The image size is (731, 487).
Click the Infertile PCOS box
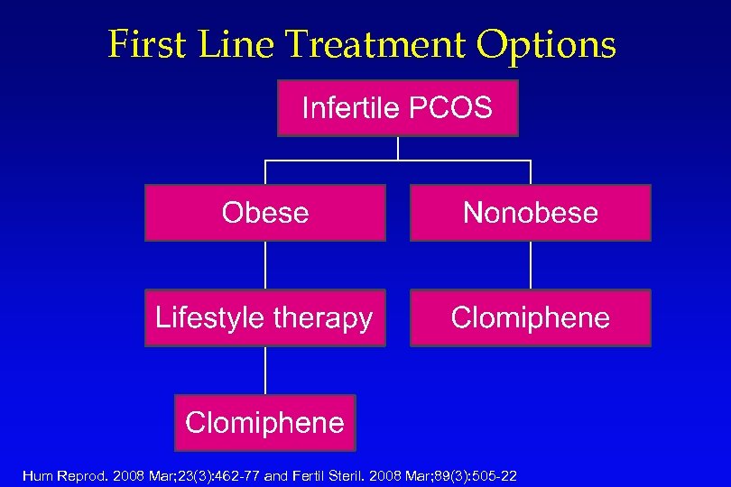pos(397,108)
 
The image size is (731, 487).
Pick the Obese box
pos(265,213)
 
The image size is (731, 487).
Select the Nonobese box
pos(530,213)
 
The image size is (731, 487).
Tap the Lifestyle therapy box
pos(265,317)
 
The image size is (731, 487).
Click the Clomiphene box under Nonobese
pos(530,317)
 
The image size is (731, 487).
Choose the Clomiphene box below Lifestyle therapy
pos(265,422)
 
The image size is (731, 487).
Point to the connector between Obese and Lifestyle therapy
pos(265,265)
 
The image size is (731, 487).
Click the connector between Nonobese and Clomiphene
pos(531,265)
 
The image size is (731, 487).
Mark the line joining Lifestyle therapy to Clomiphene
pos(265,370)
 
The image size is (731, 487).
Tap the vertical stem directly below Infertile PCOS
pos(398,149)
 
